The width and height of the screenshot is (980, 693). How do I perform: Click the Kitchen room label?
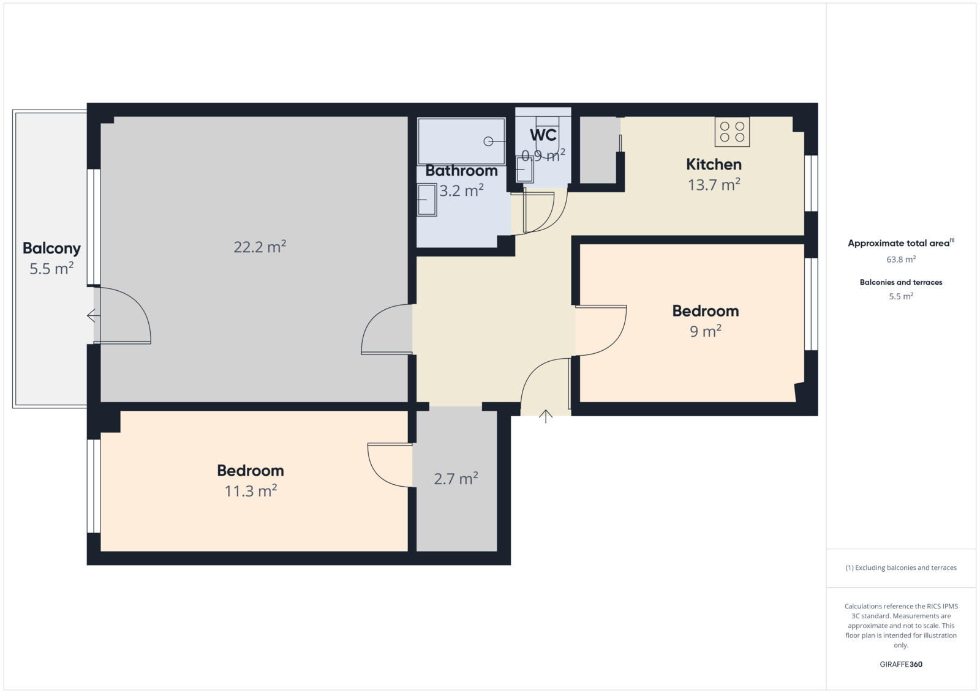pyautogui.click(x=714, y=165)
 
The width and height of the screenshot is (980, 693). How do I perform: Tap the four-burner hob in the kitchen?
pyautogui.click(x=732, y=132)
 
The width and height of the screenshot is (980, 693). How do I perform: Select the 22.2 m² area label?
pyautogui.click(x=260, y=247)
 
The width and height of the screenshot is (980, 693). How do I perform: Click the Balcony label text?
pyautogui.click(x=51, y=249)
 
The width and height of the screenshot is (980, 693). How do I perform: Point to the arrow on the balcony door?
pyautogui.click(x=93, y=315)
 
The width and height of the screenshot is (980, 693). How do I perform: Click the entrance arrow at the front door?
pyautogui.click(x=546, y=416)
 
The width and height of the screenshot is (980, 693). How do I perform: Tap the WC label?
pyautogui.click(x=543, y=135)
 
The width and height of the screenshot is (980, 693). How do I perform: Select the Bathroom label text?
pyautogui.click(x=462, y=171)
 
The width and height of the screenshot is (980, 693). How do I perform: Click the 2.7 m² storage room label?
pyautogui.click(x=456, y=479)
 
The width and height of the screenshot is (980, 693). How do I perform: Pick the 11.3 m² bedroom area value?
pyautogui.click(x=251, y=491)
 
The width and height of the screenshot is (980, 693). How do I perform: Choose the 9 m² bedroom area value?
pyautogui.click(x=705, y=331)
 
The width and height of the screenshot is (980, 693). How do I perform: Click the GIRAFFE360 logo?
pyautogui.click(x=901, y=664)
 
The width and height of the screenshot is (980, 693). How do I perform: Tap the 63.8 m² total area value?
pyautogui.click(x=901, y=260)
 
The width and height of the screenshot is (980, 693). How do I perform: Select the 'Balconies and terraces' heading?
pyautogui.click(x=901, y=282)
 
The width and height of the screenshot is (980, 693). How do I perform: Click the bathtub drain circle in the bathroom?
pyautogui.click(x=488, y=141)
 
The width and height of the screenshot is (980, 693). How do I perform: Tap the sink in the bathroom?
pyautogui.click(x=426, y=200)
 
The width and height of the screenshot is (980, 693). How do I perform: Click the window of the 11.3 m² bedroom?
pyautogui.click(x=94, y=485)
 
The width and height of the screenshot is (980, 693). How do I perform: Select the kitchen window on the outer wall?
pyautogui.click(x=812, y=184)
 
